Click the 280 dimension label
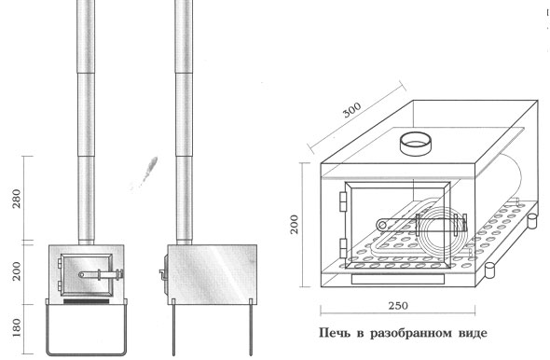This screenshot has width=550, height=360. [x=17, y=199]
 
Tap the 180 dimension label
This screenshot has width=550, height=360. [x=17, y=327]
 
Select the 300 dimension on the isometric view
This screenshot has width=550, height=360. [x=351, y=110]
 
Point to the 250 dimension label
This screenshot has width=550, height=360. [x=398, y=306]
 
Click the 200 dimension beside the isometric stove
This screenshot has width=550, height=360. [x=294, y=224]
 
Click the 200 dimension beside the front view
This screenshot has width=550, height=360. [x=17, y=270]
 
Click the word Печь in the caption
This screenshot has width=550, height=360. [x=335, y=333]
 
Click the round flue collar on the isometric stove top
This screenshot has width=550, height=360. [x=416, y=145]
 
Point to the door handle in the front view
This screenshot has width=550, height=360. [x=101, y=274]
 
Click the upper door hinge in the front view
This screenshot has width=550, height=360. [x=60, y=261]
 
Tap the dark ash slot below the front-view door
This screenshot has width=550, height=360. [x=87, y=301]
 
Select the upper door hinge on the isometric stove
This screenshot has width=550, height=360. [x=343, y=201]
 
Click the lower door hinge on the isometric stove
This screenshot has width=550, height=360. [x=343, y=248]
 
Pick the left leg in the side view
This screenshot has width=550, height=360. [x=173, y=327]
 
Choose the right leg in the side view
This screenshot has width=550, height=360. [x=251, y=327]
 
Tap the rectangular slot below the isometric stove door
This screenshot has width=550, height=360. [x=398, y=279]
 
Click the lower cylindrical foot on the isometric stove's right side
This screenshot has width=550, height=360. [x=489, y=270]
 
